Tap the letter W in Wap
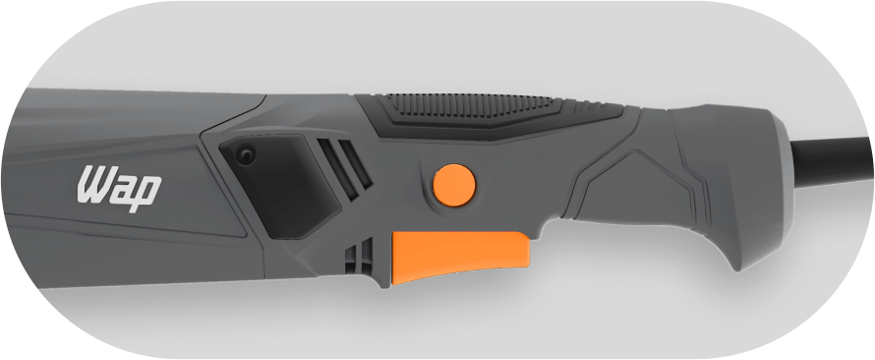click(93, 184)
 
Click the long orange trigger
click(460, 255)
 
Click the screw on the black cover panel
click(245, 154)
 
